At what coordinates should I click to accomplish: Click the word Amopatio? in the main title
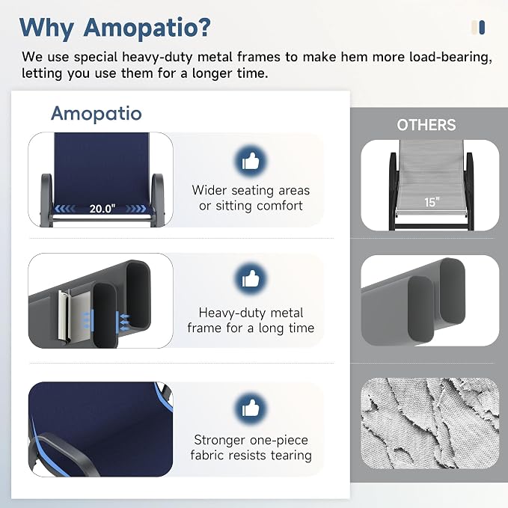[147, 27]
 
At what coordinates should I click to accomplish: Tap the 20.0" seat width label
[102, 208]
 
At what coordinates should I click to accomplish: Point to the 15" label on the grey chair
[432, 202]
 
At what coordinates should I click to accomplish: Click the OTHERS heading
[426, 125]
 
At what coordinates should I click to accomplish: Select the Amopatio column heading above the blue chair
[97, 114]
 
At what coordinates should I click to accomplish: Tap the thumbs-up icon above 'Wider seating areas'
[251, 162]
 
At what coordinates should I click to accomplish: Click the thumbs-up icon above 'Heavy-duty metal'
[251, 279]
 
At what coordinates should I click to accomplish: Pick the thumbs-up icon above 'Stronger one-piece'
[251, 408]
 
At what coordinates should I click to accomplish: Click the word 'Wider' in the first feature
[209, 190]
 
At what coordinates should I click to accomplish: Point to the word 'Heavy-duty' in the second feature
[233, 313]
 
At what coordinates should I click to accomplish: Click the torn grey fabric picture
[430, 423]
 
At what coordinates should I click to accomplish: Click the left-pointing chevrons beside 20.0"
[65, 209]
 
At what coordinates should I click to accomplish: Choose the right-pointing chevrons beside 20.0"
[135, 209]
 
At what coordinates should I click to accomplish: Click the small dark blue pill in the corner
[482, 27]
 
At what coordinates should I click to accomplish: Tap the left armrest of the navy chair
[46, 199]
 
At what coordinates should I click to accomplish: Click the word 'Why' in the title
[46, 28]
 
